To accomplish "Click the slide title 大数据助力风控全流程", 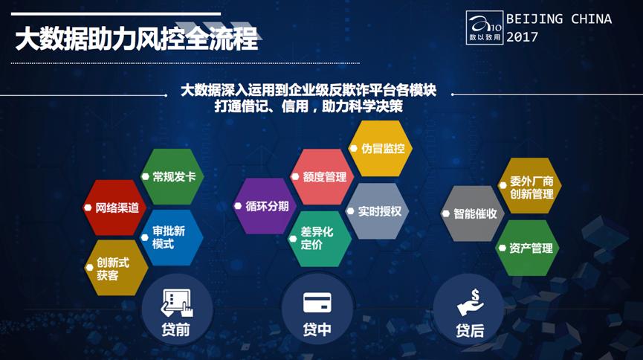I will [x=137, y=39].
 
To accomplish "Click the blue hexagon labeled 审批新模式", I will [x=172, y=237].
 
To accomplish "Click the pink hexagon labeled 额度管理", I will [x=320, y=177].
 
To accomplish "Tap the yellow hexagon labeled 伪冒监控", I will [x=380, y=148].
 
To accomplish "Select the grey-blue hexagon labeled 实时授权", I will [x=378, y=211].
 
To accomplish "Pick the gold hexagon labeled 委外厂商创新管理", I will [x=529, y=187].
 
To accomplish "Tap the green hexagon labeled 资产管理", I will [x=529, y=248].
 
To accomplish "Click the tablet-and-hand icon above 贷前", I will [x=175, y=303].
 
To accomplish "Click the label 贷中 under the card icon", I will [x=317, y=330].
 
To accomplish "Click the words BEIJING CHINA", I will [x=558, y=19].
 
